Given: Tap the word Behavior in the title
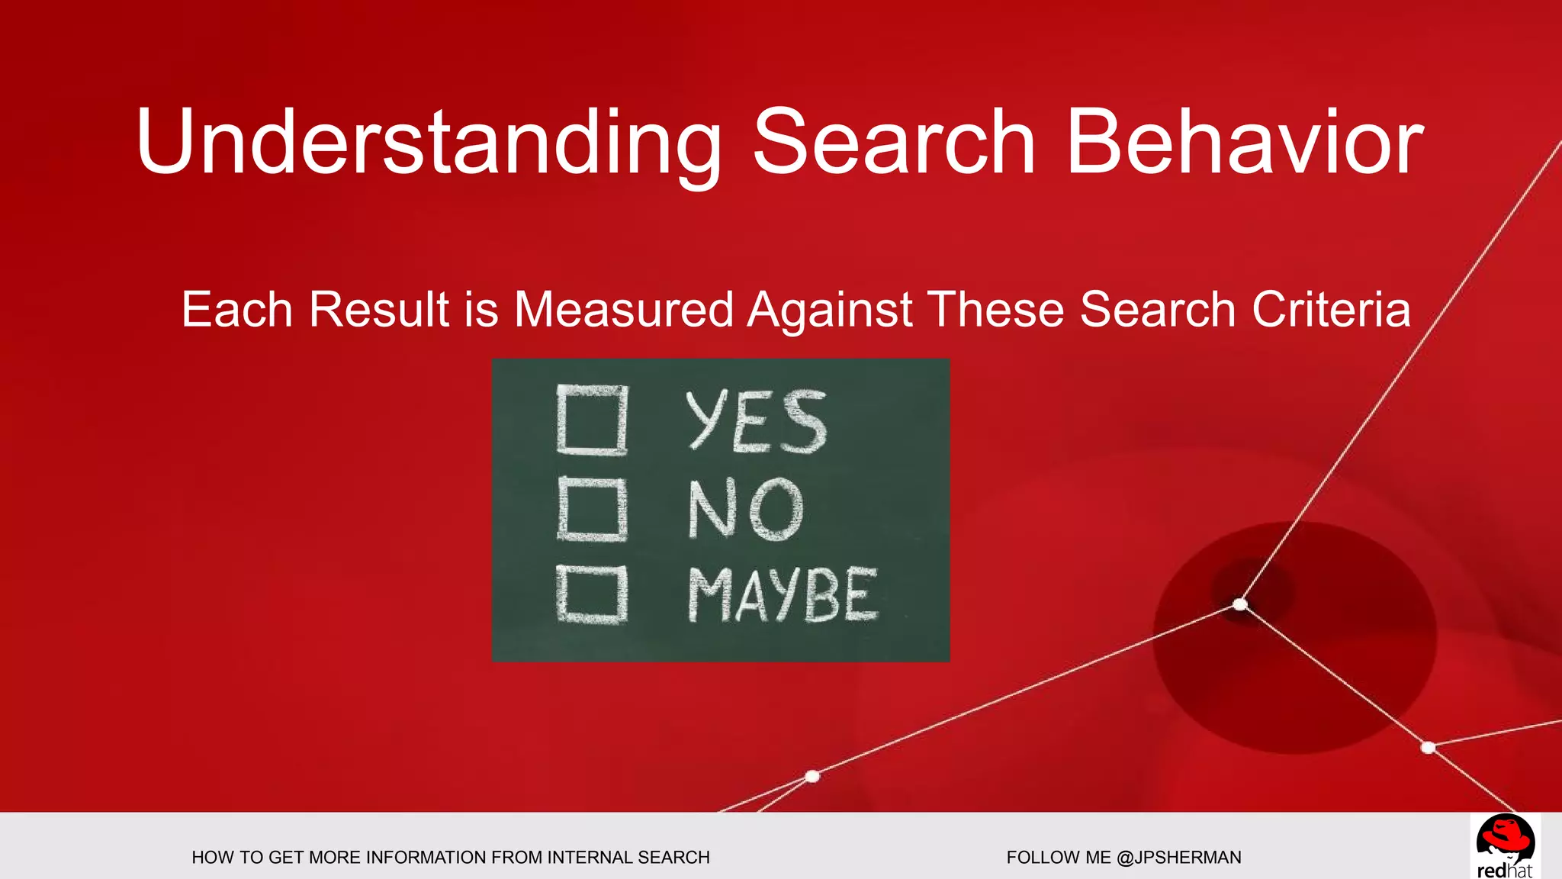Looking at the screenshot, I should point(1244,143).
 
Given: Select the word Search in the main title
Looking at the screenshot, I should point(893,143).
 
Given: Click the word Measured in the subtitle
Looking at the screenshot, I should point(623,310).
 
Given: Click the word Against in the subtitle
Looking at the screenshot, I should point(830,310).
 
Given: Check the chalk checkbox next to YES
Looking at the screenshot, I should point(592,420).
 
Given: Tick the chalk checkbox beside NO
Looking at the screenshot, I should point(592,510).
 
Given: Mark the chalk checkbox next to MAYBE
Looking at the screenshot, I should point(592,594).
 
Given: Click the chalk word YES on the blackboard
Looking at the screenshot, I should point(756,421).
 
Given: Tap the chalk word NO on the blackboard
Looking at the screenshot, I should point(746,509).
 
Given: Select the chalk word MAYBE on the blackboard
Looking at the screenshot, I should point(783,594).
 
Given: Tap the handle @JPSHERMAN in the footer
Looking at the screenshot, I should point(1178,858).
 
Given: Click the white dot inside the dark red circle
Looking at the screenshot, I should point(1240,605).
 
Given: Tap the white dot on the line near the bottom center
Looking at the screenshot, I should point(812,776).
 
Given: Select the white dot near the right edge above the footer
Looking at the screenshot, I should point(1429,747).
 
